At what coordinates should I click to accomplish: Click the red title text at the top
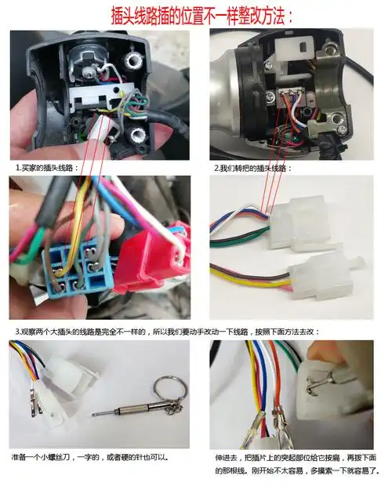point(202,16)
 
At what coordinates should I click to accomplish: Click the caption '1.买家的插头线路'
point(47,168)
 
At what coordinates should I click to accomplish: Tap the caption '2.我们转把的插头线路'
point(253,168)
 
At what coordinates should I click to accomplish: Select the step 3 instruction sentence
point(168,332)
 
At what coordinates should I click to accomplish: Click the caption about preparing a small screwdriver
point(90,457)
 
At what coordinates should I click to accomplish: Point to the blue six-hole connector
point(77,270)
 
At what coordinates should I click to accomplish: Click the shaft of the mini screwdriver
point(125,410)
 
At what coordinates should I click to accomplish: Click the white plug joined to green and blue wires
point(299,223)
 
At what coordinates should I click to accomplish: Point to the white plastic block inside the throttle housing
point(294,60)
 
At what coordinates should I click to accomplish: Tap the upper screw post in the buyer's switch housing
point(133,60)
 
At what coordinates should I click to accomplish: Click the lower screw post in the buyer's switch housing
point(136,136)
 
